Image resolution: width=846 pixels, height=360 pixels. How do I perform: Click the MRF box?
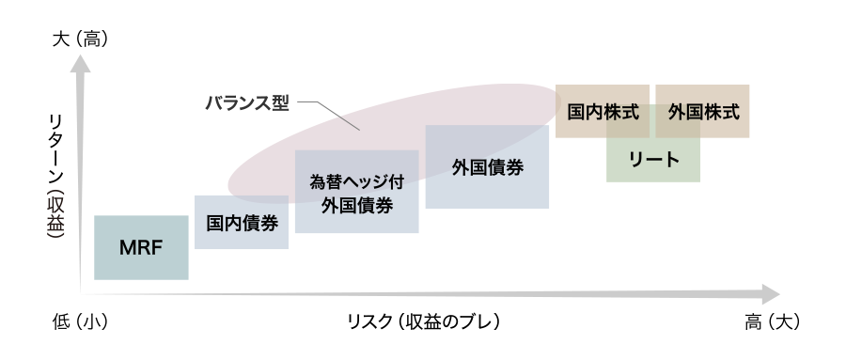(x=141, y=247)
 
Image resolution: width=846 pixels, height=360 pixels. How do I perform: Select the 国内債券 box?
(x=241, y=223)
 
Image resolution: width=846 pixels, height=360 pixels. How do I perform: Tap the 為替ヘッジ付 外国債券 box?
(x=356, y=192)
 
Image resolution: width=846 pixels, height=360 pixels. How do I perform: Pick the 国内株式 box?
(x=603, y=111)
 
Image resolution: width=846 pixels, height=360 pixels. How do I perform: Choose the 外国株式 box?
(x=703, y=111)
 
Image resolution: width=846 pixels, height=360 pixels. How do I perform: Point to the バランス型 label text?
(x=246, y=102)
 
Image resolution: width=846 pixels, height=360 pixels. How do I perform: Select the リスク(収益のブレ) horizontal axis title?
(x=423, y=321)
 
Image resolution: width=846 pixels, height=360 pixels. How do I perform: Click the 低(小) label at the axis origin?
(x=81, y=321)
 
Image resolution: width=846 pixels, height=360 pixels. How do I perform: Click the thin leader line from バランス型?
(x=335, y=114)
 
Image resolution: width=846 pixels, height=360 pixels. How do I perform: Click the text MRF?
(x=141, y=248)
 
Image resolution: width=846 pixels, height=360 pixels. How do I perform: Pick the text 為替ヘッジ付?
(x=356, y=181)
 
